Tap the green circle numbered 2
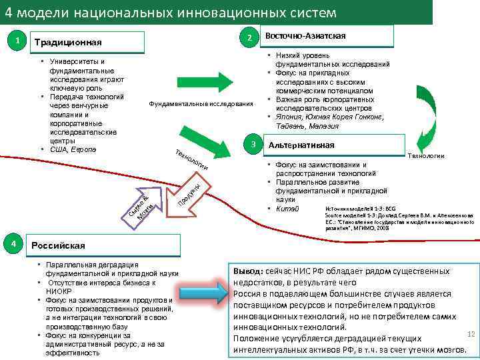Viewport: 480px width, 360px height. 248,37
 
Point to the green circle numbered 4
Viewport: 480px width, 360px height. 16,243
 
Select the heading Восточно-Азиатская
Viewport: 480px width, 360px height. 305,35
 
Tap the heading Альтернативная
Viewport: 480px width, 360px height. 301,145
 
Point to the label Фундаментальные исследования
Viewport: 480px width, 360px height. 201,104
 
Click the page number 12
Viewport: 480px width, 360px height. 470,333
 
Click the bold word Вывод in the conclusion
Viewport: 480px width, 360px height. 248,271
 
